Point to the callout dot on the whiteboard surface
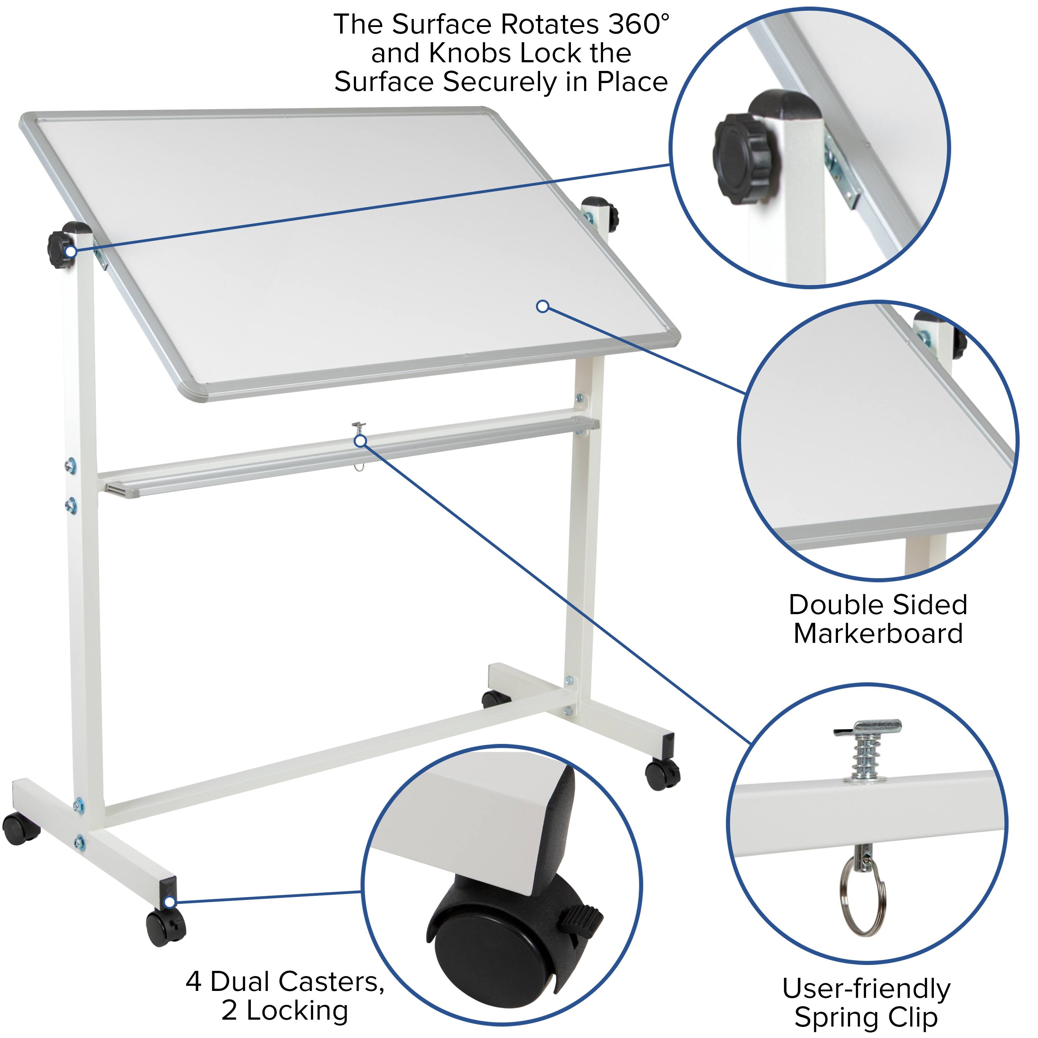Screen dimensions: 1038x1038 [543, 306]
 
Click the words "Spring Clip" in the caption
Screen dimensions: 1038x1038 [866, 1018]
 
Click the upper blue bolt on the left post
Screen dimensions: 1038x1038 [70, 466]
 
